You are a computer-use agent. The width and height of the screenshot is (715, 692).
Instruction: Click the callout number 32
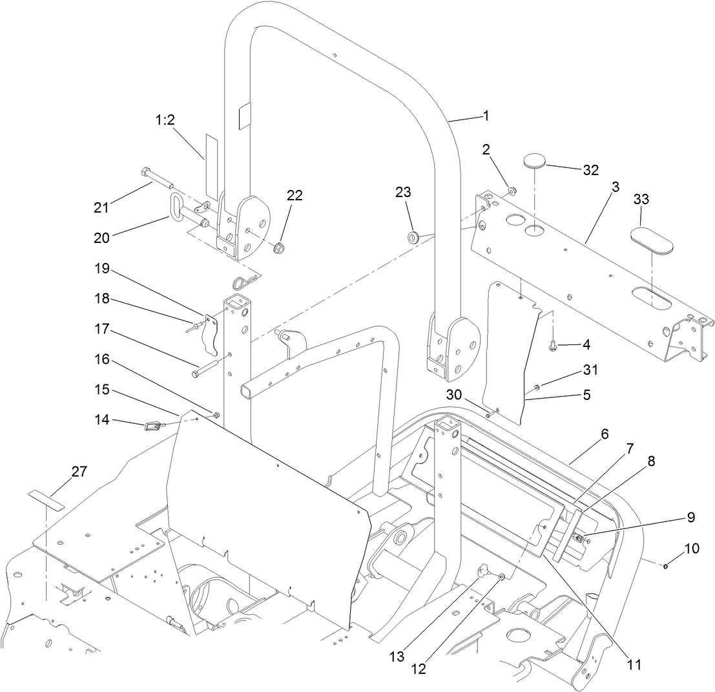590,171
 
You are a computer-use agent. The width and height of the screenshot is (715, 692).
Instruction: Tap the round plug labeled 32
534,160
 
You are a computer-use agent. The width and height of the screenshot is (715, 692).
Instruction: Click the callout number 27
79,472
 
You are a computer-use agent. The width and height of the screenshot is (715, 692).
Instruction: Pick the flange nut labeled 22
280,247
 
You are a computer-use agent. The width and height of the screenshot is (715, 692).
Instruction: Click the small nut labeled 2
510,191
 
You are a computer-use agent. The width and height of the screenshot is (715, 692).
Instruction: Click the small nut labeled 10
665,566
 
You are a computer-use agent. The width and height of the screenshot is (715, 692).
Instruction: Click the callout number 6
605,435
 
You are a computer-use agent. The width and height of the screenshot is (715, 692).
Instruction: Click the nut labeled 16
216,414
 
